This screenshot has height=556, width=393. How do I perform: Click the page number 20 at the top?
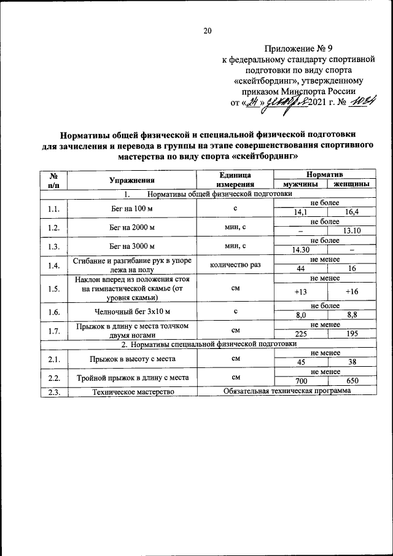208,31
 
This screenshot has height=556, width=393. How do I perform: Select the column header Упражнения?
131,180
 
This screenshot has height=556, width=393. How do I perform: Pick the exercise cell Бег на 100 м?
131,208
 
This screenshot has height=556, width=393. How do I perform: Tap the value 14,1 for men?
300,213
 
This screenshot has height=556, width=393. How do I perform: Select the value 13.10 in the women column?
352,230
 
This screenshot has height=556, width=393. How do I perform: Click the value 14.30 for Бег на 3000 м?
300,249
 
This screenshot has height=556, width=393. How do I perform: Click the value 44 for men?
300,268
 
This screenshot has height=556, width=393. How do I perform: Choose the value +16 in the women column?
352,292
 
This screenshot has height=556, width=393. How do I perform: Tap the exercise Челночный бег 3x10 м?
131,311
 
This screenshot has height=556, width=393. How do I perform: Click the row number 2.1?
53,357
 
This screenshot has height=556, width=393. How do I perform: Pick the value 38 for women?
352,362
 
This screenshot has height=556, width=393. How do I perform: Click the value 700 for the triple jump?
300,381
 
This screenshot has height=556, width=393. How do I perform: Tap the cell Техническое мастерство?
131,391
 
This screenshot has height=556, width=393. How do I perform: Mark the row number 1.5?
53,288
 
